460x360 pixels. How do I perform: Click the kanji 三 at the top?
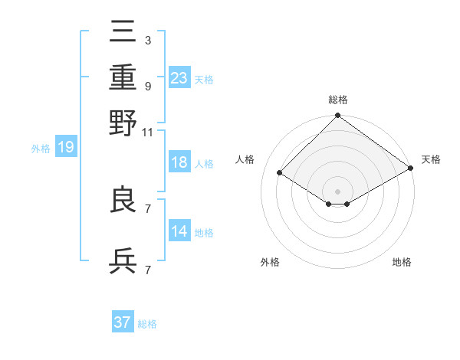click(123, 32)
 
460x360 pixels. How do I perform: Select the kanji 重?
click(123, 77)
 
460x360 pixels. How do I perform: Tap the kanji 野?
click(123, 122)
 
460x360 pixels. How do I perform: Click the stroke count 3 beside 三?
click(147, 40)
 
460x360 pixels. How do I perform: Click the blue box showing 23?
click(179, 77)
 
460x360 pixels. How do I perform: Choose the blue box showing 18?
click(179, 162)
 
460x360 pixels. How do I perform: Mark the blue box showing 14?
click(179, 231)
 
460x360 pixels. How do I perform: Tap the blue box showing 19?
click(65, 147)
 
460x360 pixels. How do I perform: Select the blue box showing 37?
click(122, 322)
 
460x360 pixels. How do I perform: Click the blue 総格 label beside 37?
click(147, 324)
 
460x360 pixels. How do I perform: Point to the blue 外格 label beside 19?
click(41, 149)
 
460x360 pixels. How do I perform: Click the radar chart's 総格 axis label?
click(337, 100)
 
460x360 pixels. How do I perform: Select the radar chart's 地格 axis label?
click(402, 263)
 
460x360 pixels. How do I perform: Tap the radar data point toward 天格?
click(412, 170)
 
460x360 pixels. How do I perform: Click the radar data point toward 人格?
click(280, 173)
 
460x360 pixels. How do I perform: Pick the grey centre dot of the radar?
click(337, 191)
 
